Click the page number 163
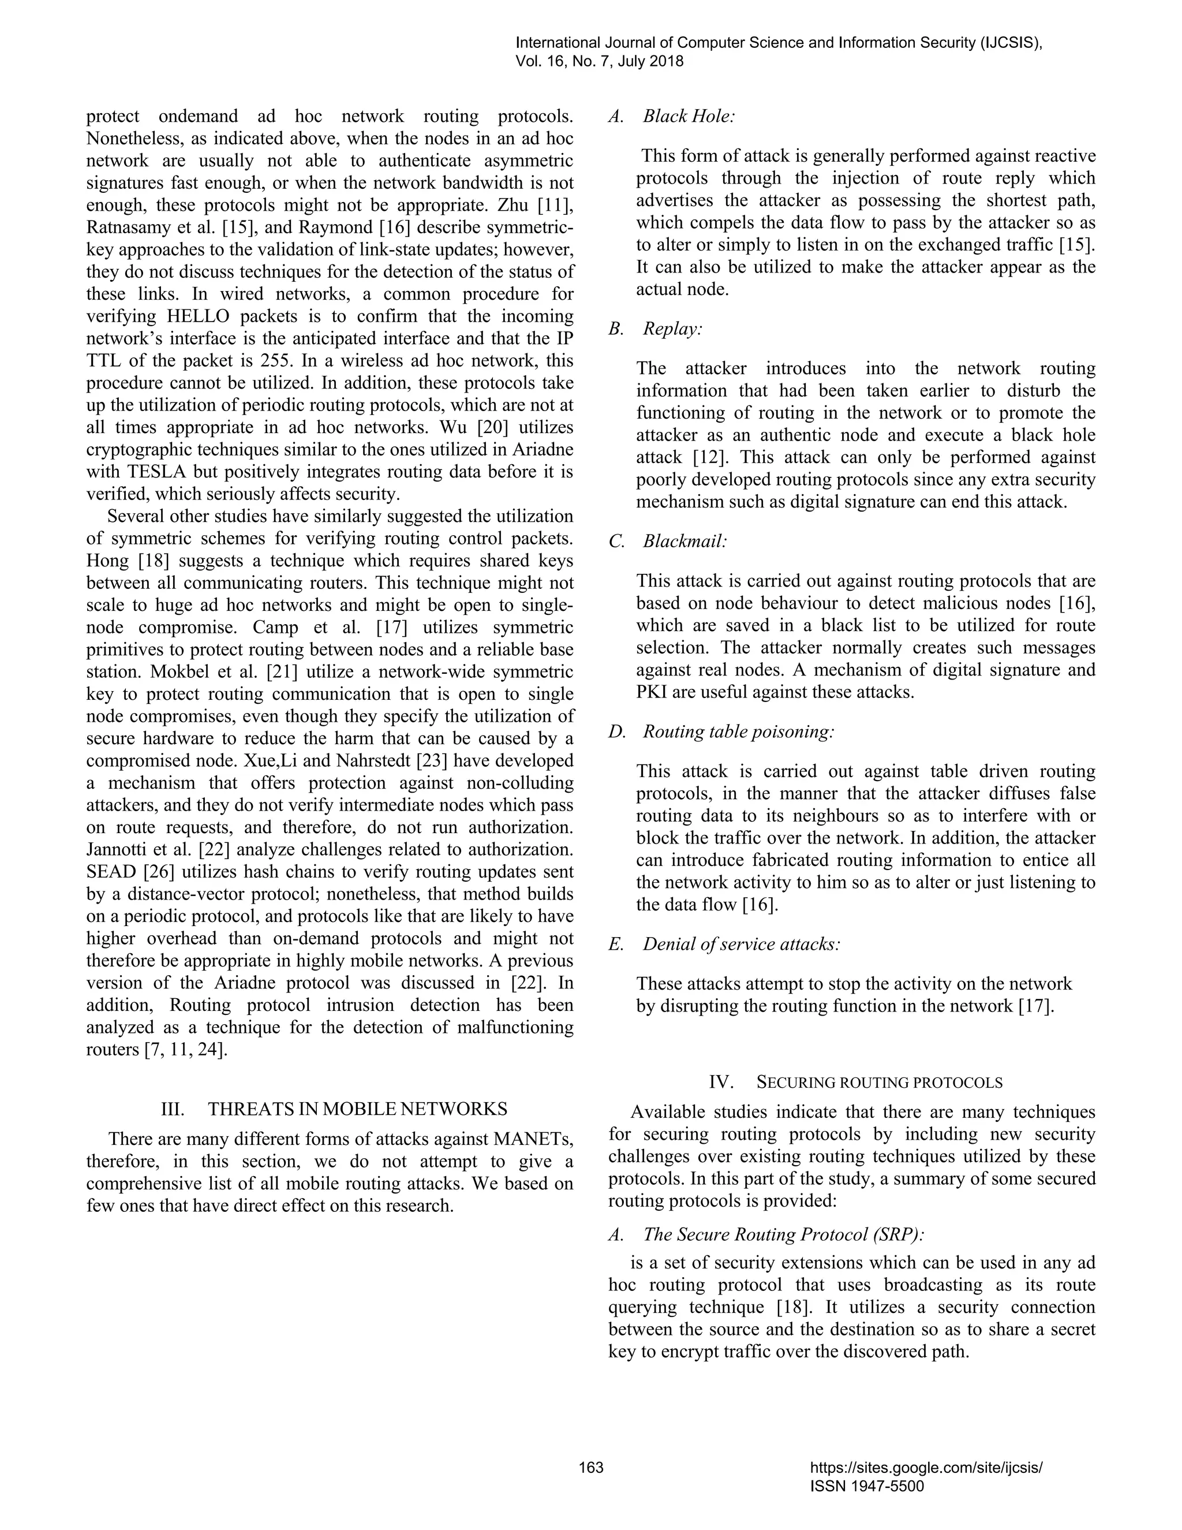click(591, 1468)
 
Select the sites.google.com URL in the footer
click(926, 1468)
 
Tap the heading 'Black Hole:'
click(689, 116)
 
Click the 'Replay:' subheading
click(672, 329)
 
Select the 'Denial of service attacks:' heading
click(742, 945)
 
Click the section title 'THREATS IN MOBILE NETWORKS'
click(357, 1109)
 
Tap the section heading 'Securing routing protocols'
click(879, 1083)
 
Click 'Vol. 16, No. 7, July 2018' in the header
click(600, 62)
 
